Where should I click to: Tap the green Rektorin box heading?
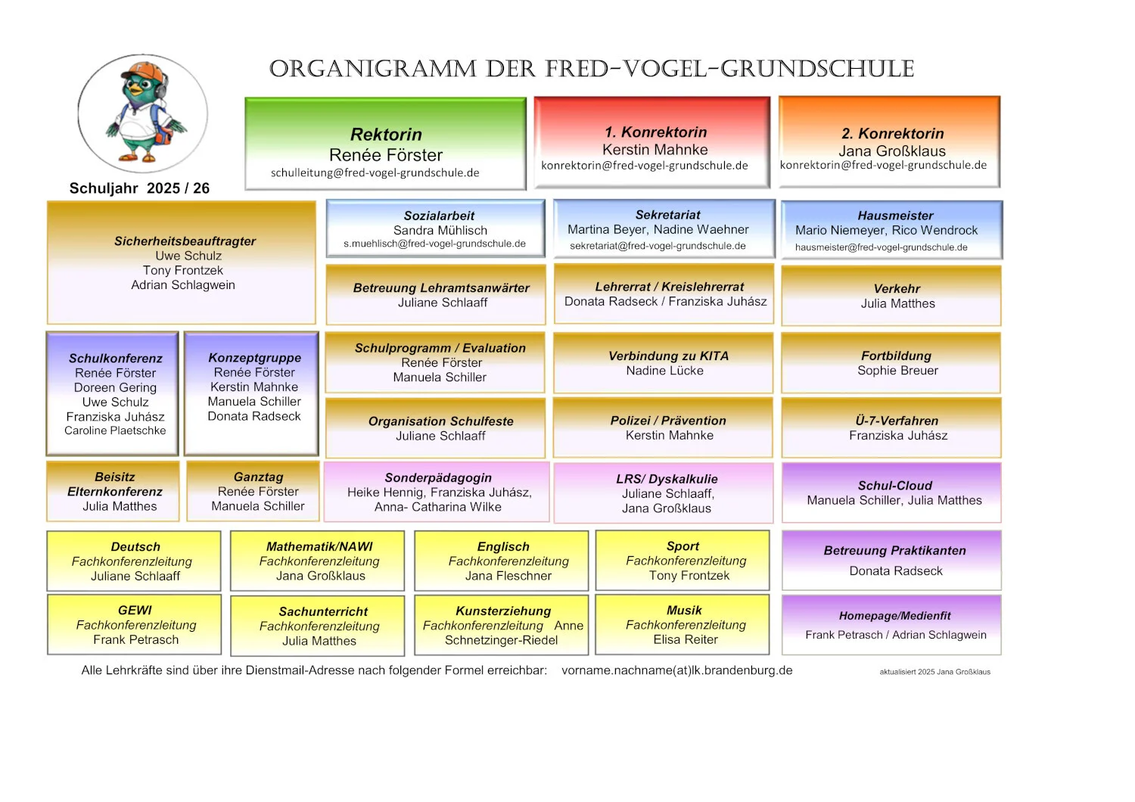(x=386, y=134)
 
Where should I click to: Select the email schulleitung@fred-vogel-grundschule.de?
(x=375, y=173)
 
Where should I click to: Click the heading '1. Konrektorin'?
(x=656, y=132)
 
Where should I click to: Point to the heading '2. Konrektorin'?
(x=893, y=134)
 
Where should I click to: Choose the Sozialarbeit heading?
(x=439, y=216)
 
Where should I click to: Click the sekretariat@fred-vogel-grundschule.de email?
(x=658, y=246)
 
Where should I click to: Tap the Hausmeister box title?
(x=895, y=216)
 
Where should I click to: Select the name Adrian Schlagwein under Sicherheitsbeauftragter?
(x=183, y=285)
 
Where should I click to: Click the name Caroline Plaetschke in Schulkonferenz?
(x=115, y=431)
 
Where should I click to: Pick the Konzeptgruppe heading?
(x=254, y=358)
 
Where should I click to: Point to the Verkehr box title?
(x=897, y=289)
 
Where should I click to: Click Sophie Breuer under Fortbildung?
(x=897, y=370)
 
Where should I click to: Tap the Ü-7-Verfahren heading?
(x=897, y=421)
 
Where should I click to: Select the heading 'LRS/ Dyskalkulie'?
(x=667, y=479)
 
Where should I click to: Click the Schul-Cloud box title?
(x=895, y=485)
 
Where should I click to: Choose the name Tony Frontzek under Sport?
(x=689, y=576)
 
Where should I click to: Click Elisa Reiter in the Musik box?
(x=685, y=639)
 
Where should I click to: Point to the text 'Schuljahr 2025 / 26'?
(x=139, y=188)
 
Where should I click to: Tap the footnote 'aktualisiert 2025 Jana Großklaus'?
(x=934, y=672)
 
